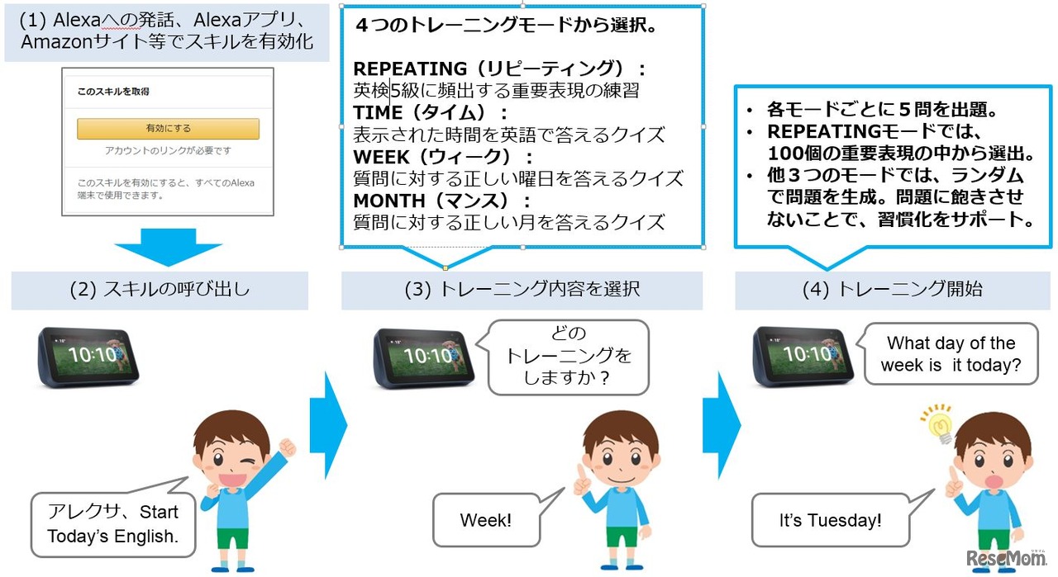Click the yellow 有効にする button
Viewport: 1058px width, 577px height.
click(x=168, y=129)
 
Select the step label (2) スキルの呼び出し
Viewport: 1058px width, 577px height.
click(x=160, y=291)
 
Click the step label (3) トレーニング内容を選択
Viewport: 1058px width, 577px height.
click(x=522, y=291)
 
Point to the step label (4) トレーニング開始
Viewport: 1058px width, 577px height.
click(x=893, y=291)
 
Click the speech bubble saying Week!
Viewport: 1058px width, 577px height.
click(x=486, y=521)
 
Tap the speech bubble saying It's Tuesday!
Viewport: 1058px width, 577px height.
click(x=830, y=521)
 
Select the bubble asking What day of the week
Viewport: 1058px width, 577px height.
click(x=950, y=353)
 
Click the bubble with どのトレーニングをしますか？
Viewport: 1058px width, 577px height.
click(x=568, y=357)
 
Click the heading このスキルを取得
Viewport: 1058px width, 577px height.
click(x=113, y=92)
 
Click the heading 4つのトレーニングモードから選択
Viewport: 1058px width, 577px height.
click(x=506, y=26)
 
